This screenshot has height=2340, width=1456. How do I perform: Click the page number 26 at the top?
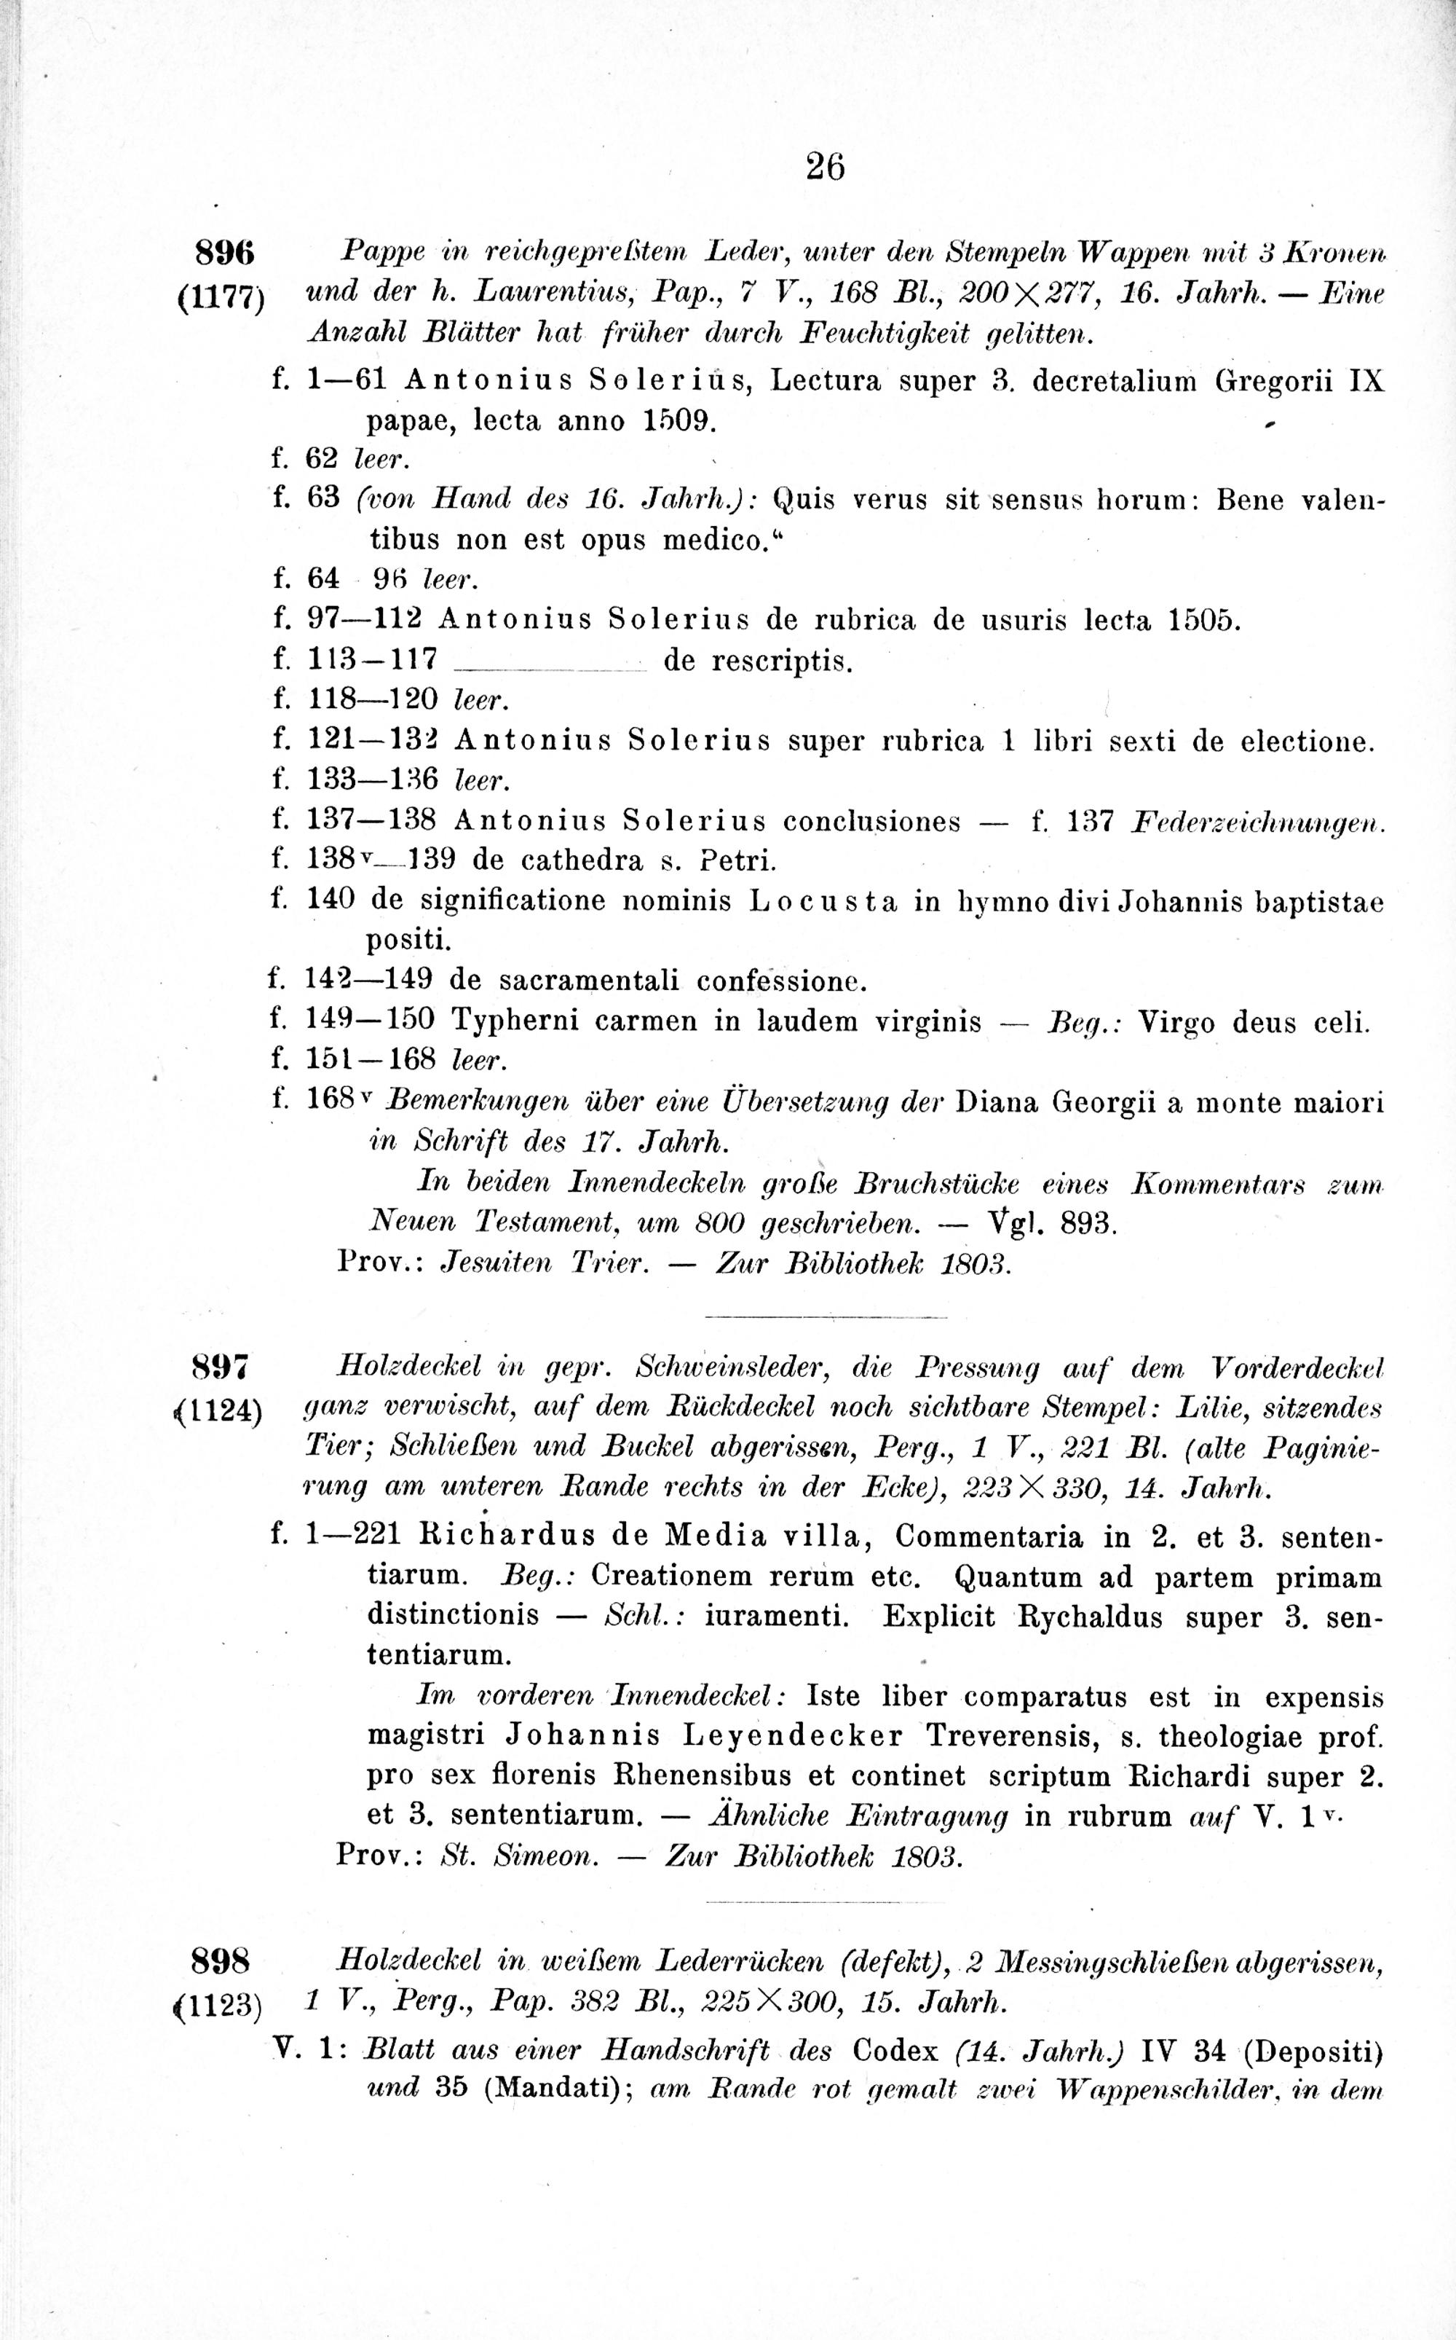(826, 168)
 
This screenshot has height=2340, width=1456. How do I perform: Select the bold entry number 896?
(223, 254)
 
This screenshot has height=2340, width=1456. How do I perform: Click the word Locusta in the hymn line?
(823, 902)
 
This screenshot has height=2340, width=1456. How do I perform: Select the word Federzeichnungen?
(1259, 822)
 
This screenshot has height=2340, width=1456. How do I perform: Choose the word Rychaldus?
(1093, 1617)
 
